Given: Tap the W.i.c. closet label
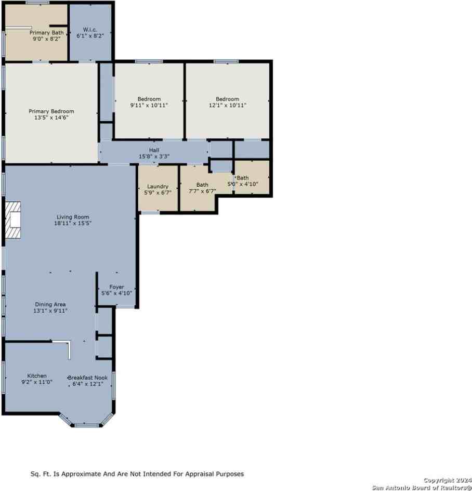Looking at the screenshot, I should click(x=90, y=30).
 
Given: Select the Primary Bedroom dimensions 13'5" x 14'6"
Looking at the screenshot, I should click(x=51, y=118).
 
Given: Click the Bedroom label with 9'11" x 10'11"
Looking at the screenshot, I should click(x=149, y=99).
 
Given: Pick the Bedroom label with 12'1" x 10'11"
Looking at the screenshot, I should click(x=227, y=99).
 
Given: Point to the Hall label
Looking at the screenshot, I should click(x=154, y=150).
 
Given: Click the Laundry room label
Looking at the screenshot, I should click(x=158, y=186).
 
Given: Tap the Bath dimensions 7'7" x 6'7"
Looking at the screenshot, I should click(x=202, y=191).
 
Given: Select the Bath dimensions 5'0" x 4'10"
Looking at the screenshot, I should click(x=243, y=184).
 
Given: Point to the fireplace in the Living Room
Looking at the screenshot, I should click(x=14, y=221).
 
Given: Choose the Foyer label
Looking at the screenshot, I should click(x=116, y=287).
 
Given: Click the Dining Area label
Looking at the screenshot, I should click(x=50, y=304).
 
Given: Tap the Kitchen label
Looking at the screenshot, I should click(x=37, y=376).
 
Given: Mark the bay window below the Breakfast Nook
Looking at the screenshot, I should click(x=86, y=424).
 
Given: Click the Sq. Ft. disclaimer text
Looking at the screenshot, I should click(x=137, y=474).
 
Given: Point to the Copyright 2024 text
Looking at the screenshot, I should click(x=447, y=480).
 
